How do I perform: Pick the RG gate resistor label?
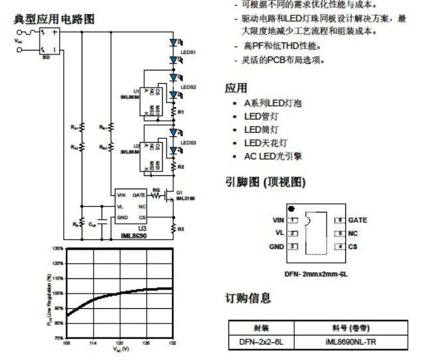(156, 189)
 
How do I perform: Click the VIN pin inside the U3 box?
(121, 195)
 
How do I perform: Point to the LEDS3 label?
(188, 143)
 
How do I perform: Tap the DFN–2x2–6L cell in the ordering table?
(258, 341)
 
